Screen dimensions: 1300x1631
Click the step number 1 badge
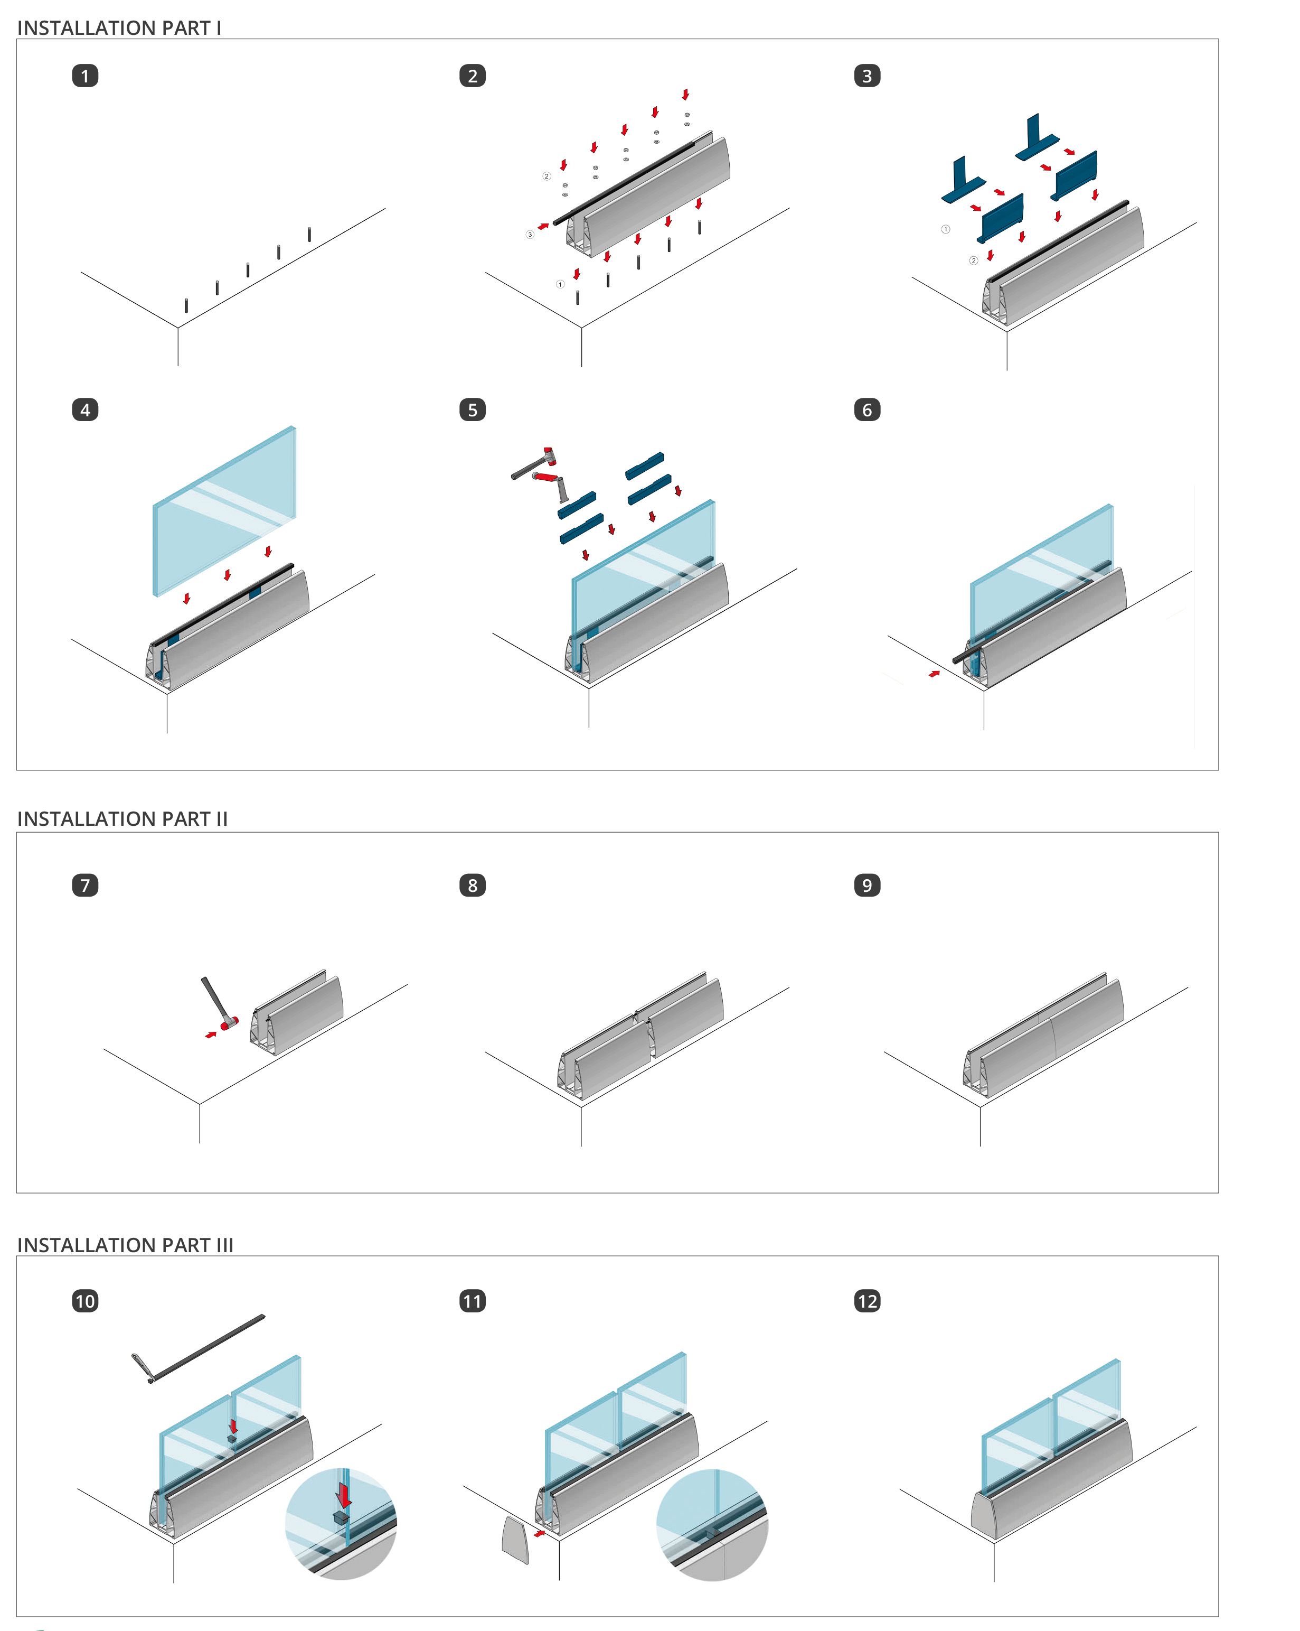84,76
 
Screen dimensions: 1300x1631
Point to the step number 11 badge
473,1301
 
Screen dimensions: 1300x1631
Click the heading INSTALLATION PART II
123,818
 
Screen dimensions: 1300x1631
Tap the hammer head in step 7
229,1023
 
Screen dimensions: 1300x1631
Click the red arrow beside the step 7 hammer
211,1034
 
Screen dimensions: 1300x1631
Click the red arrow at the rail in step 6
935,673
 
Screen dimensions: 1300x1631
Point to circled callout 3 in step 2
530,235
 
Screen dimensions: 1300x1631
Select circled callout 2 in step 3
973,261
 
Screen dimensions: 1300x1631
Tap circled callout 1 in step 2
560,284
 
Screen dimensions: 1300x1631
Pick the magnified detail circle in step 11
712,1525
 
